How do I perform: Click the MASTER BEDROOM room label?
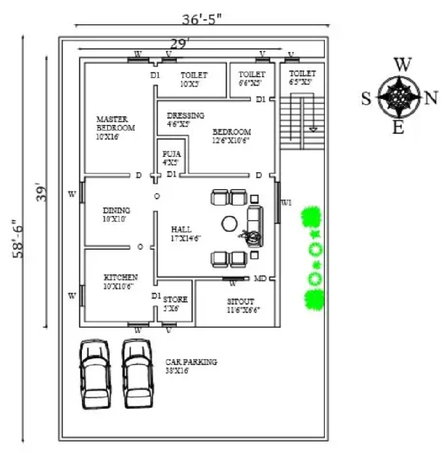click(115, 128)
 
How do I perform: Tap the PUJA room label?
click(170, 157)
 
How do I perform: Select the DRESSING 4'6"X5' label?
click(185, 119)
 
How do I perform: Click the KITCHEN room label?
click(120, 281)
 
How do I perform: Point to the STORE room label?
click(175, 304)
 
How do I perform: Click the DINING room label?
click(116, 215)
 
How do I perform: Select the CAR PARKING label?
click(191, 366)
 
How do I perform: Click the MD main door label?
click(260, 279)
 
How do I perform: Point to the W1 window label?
click(286, 203)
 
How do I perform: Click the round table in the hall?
click(229, 224)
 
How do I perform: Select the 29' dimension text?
click(180, 43)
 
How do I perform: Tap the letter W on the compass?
click(403, 64)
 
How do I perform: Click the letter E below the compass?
click(398, 128)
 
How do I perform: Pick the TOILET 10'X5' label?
click(194, 79)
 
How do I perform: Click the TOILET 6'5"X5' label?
click(302, 78)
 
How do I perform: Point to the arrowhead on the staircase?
click(313, 129)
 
